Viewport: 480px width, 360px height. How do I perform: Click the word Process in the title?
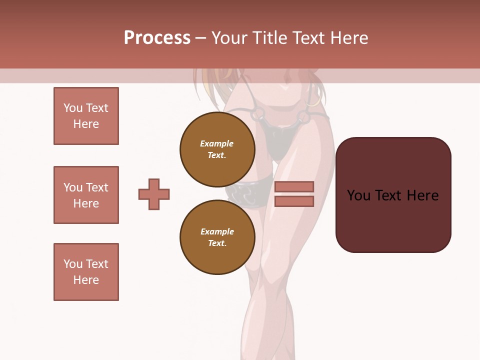[x=157, y=38]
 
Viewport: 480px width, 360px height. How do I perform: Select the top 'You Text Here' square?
[x=86, y=116]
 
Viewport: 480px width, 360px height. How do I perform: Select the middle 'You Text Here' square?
[x=86, y=195]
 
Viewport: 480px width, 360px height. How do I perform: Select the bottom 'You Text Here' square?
[x=86, y=272]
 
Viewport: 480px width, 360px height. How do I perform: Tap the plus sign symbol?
[x=154, y=194]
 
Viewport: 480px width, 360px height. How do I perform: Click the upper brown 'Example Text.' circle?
[x=217, y=149]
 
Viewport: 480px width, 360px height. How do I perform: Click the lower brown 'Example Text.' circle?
[x=217, y=237]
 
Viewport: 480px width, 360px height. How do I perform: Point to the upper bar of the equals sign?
[x=294, y=186]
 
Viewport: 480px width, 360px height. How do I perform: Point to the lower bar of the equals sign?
[x=294, y=201]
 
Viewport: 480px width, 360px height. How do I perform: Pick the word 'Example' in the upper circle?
[x=217, y=143]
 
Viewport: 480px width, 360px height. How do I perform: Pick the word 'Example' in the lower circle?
[x=217, y=231]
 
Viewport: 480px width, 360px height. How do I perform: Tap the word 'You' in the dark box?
[x=359, y=195]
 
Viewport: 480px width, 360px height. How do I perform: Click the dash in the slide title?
[x=200, y=38]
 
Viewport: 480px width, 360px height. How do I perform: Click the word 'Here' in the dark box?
[x=422, y=195]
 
